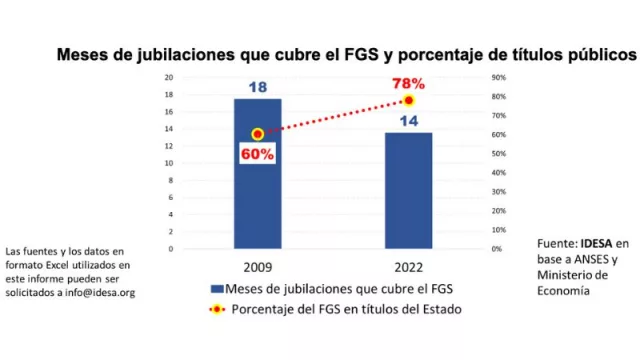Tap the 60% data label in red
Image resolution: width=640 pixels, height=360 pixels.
pyautogui.click(x=257, y=154)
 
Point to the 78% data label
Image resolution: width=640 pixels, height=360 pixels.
pyautogui.click(x=408, y=83)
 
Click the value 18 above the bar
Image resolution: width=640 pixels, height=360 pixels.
pyautogui.click(x=257, y=88)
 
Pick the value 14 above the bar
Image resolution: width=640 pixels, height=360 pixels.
pyautogui.click(x=408, y=121)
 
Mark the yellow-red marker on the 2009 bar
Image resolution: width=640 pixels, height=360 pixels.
pyautogui.click(x=257, y=134)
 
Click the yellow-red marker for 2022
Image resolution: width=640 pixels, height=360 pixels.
pyautogui.click(x=408, y=101)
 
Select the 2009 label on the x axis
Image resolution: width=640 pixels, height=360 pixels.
pyautogui.click(x=258, y=268)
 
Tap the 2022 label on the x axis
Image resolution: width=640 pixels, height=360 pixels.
pyautogui.click(x=408, y=268)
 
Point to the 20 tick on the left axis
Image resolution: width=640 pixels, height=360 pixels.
pyautogui.click(x=170, y=77)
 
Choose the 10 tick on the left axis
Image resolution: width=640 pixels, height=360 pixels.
pyautogui.click(x=170, y=163)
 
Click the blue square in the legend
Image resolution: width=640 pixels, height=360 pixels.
pyautogui.click(x=216, y=289)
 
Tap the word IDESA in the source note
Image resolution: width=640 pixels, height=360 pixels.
pyautogui.click(x=599, y=243)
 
